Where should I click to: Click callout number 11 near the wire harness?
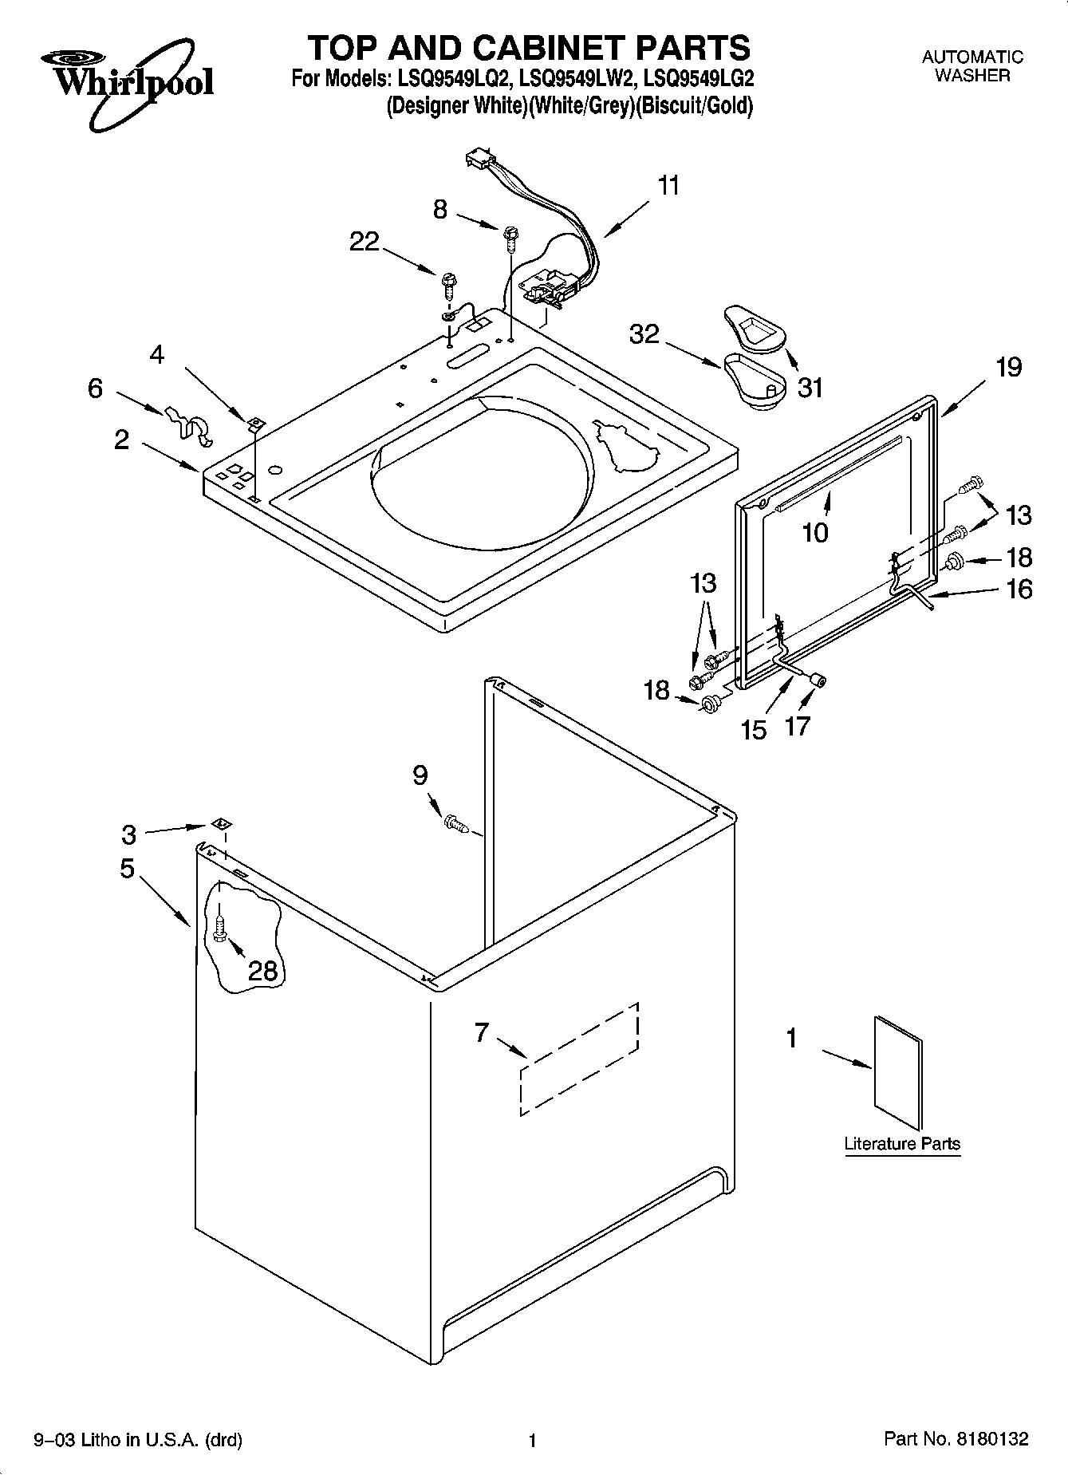668,186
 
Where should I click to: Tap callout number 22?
365,241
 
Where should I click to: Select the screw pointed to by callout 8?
508,234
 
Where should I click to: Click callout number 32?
644,333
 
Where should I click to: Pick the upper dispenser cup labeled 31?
754,327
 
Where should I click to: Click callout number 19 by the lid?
1008,367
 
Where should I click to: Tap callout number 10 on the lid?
815,532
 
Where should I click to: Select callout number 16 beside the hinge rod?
1019,589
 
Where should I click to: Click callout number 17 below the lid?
798,725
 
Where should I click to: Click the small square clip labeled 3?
222,823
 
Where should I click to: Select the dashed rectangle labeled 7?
579,1059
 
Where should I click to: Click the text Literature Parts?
902,1143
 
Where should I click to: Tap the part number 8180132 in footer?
988,1439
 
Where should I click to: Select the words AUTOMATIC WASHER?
972,66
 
